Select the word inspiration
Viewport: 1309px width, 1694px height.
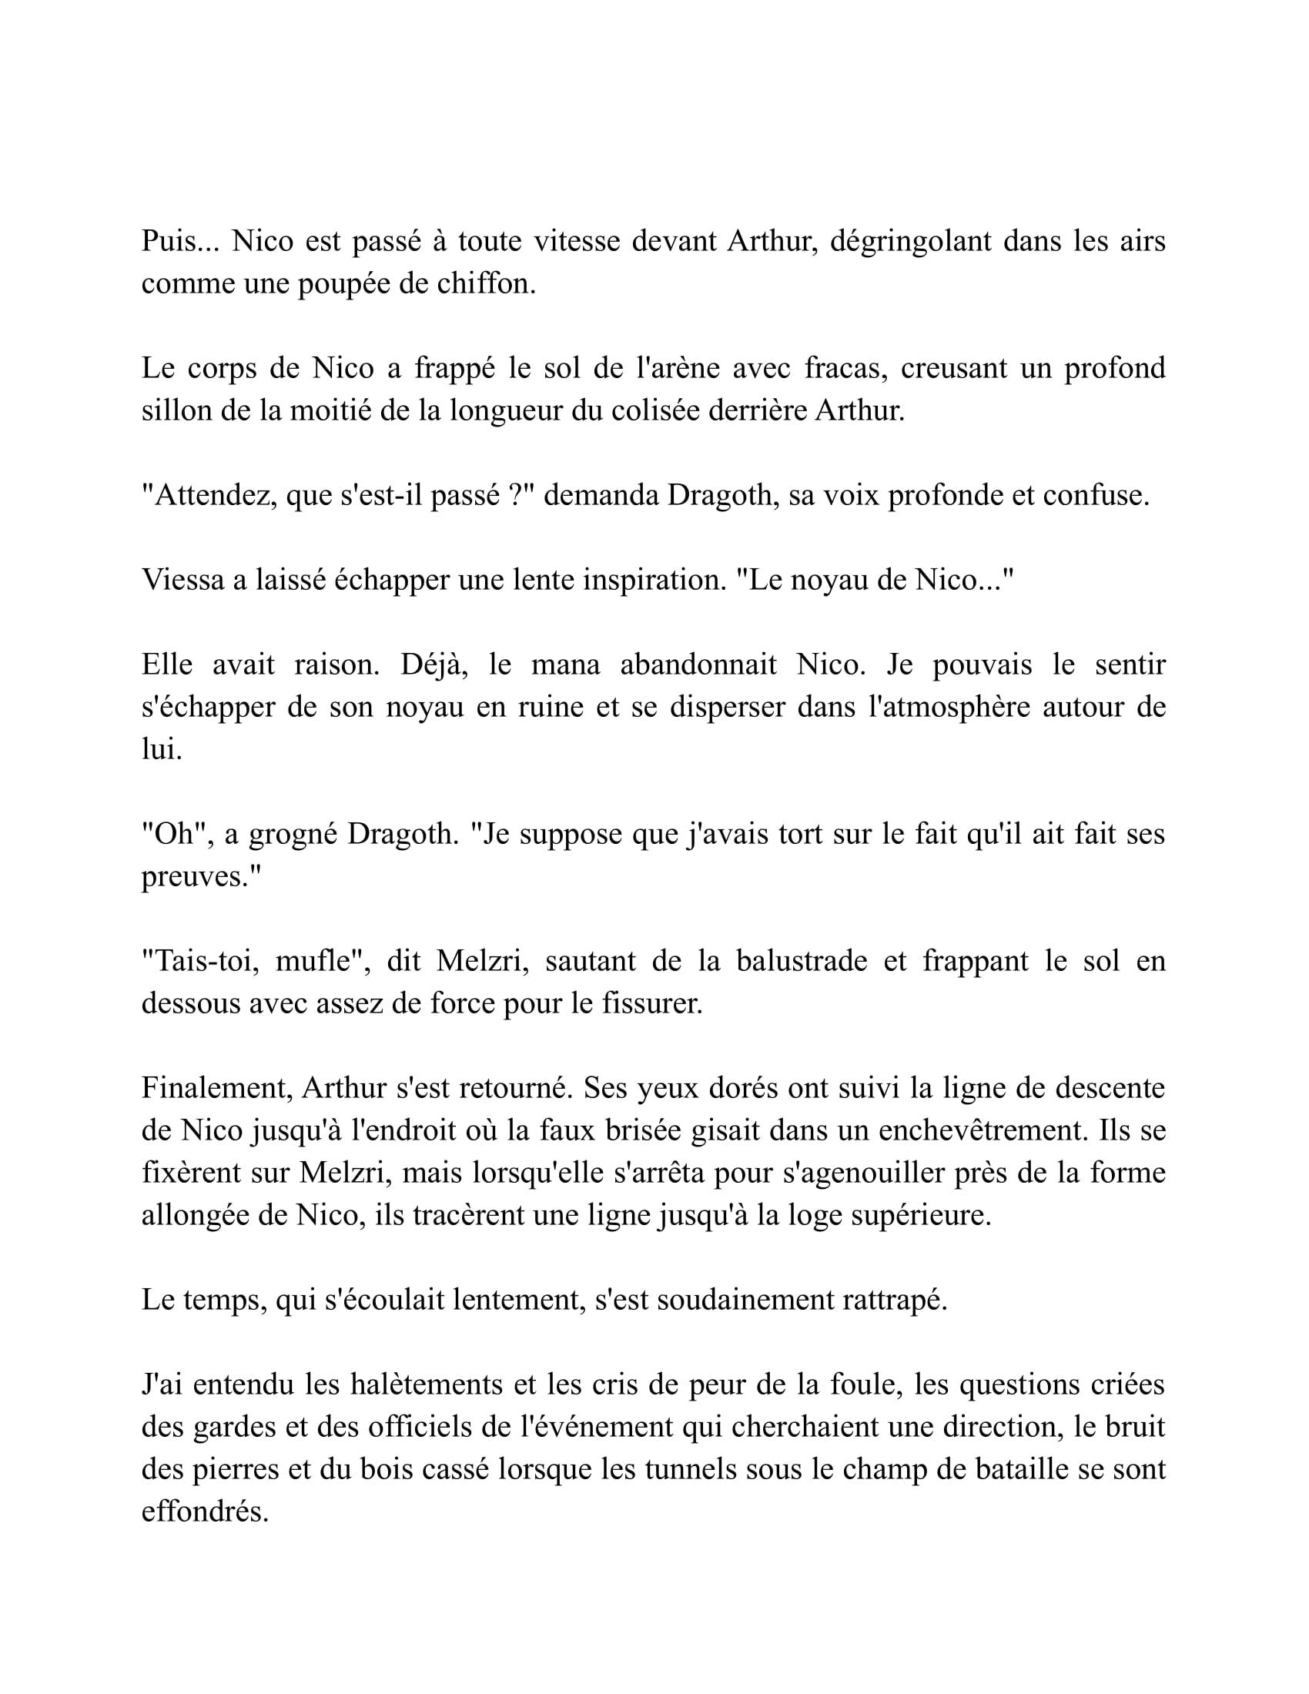click(654, 580)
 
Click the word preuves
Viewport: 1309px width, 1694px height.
click(201, 877)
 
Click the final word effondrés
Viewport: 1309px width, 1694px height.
click(205, 1512)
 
